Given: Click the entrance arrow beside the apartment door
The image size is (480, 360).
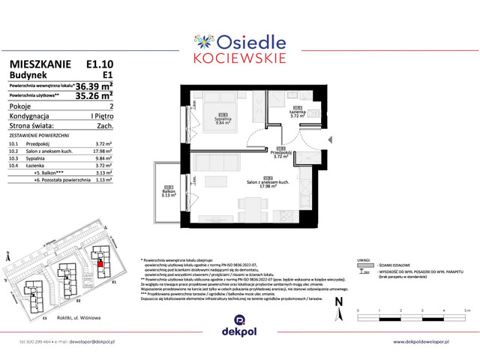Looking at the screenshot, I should pos(328,140).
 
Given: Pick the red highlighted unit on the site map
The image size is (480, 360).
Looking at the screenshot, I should pos(100,263).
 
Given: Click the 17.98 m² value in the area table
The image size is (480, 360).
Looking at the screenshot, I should pos(102,151).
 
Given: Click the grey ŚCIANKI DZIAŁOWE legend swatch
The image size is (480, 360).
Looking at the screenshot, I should pos(364,265).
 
